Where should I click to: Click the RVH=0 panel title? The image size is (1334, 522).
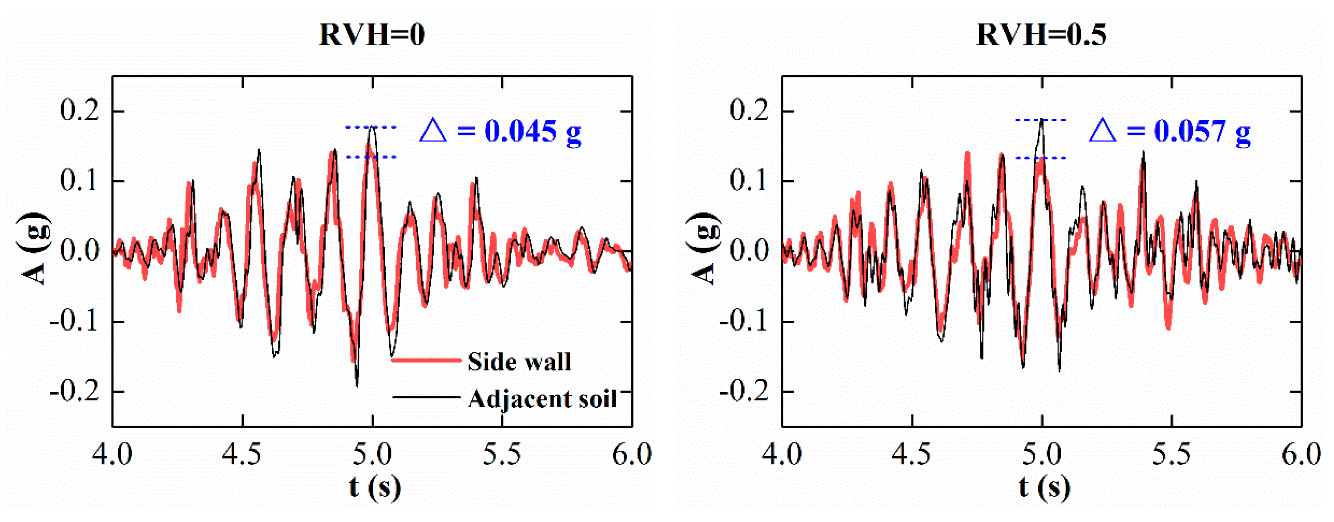(x=372, y=35)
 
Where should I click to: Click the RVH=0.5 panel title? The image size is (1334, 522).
(x=1041, y=35)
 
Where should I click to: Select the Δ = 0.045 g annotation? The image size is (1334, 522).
(x=500, y=131)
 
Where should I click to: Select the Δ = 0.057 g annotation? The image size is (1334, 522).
(x=1169, y=131)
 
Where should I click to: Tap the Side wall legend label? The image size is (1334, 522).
(x=519, y=361)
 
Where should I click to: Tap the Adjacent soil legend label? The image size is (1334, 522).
(x=542, y=399)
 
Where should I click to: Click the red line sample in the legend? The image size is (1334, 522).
(x=426, y=360)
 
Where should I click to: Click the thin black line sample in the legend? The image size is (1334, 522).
(x=426, y=397)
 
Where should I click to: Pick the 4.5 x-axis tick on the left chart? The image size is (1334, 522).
(x=242, y=455)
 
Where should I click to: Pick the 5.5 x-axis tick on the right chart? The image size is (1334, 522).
(x=1171, y=455)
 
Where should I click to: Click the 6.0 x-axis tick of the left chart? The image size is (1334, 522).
(x=631, y=455)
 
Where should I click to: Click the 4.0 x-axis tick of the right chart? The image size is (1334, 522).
(x=782, y=455)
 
